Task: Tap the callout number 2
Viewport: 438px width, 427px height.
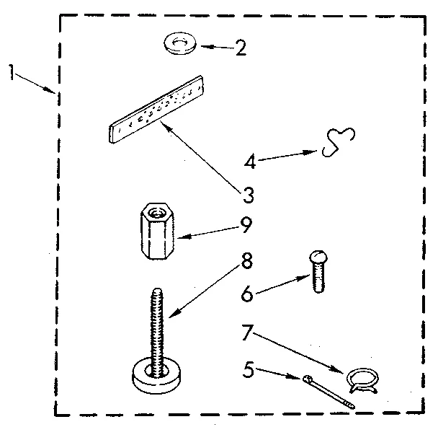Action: pos(241,49)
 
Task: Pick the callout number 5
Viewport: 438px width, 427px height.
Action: pos(249,370)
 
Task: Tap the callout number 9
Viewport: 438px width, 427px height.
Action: pos(246,226)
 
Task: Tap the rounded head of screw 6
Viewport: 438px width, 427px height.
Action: pos(318,255)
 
